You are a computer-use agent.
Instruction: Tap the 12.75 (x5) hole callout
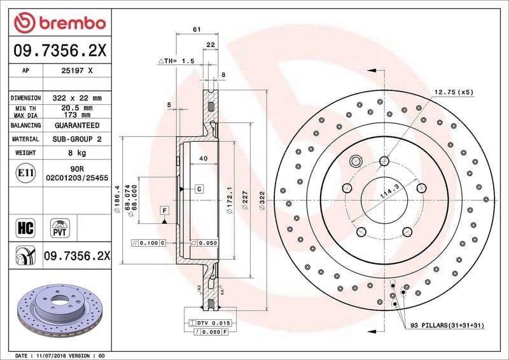(454, 92)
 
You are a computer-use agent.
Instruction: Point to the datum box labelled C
(199, 189)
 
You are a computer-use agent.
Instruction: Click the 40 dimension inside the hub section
(203, 158)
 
